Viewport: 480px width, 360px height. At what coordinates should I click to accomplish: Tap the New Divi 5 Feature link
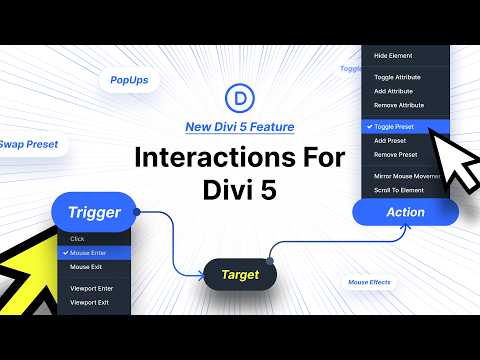(x=240, y=127)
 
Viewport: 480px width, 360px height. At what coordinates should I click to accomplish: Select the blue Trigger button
(x=94, y=212)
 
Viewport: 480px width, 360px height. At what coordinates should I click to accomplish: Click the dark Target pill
(x=240, y=274)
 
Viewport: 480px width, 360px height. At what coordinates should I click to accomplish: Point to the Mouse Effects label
(x=370, y=283)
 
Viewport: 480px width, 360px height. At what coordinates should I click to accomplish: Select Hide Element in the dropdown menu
(x=393, y=55)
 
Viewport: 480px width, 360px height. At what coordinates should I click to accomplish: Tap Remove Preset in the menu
(x=395, y=155)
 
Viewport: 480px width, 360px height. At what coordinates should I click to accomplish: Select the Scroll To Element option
(x=400, y=189)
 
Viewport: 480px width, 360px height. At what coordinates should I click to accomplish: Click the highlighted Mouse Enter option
(x=94, y=254)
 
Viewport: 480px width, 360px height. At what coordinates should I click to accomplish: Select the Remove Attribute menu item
(x=399, y=105)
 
